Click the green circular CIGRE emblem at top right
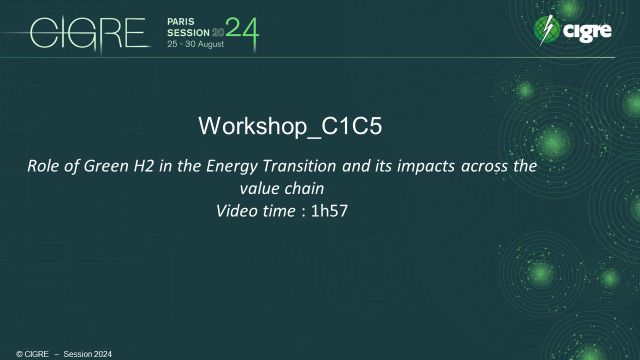pos(547,31)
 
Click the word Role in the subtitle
pos(42,166)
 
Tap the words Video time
pos(252,210)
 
